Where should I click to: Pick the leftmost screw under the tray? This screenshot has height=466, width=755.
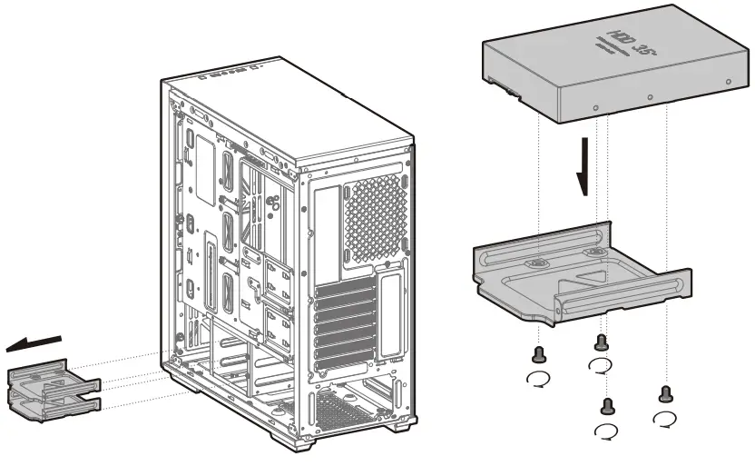(539, 355)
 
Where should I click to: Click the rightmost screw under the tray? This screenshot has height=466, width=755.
(665, 393)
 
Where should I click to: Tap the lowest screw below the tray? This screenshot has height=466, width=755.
(608, 406)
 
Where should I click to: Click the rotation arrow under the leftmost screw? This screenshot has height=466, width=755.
(538, 379)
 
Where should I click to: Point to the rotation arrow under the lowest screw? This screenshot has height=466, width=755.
(605, 431)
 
